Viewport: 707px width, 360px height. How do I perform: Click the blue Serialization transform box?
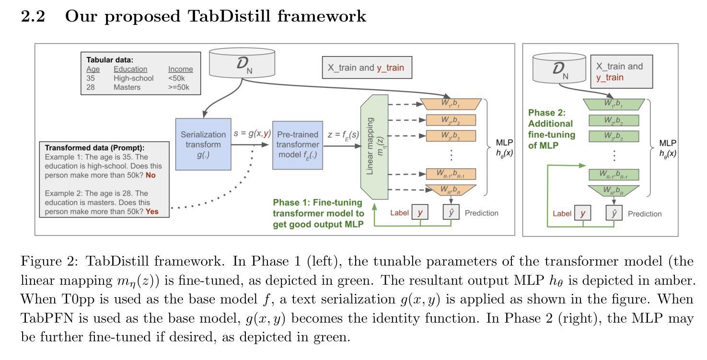point(203,144)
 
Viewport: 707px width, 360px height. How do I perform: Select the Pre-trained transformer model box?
point(297,144)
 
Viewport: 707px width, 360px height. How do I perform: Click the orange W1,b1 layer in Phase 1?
point(451,104)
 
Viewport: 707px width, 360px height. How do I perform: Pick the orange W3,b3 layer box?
point(451,136)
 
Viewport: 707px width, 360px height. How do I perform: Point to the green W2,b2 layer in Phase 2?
point(614,120)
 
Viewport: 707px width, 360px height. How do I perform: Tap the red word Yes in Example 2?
point(152,211)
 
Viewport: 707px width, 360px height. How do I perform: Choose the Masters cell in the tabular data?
point(127,87)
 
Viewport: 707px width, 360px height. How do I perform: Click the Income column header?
point(180,70)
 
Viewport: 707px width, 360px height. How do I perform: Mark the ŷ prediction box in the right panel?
point(614,213)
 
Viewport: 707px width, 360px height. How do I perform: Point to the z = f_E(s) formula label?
point(343,135)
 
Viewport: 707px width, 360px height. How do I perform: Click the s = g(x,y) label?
point(251,134)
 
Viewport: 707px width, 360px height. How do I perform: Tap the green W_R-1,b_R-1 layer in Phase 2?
point(614,174)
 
